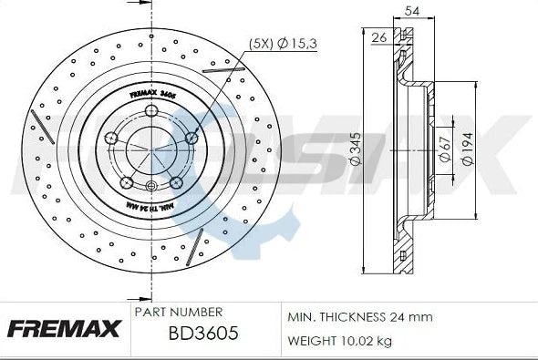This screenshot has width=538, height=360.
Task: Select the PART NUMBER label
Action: tap(178, 312)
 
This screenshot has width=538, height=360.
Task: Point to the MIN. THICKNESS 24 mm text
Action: tap(359, 317)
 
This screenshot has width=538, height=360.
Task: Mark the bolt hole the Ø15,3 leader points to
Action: tap(192, 138)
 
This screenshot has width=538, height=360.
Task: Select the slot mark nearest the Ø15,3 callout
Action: tap(222, 67)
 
